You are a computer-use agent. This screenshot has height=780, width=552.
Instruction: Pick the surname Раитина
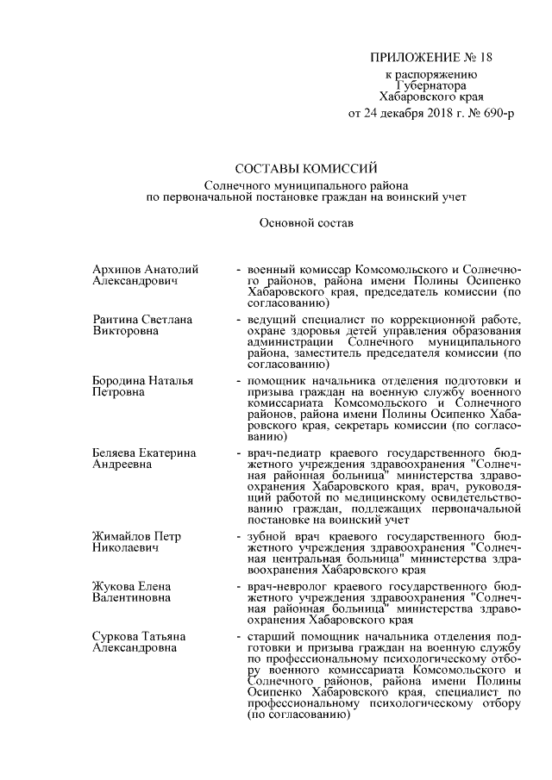[x=116, y=320]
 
